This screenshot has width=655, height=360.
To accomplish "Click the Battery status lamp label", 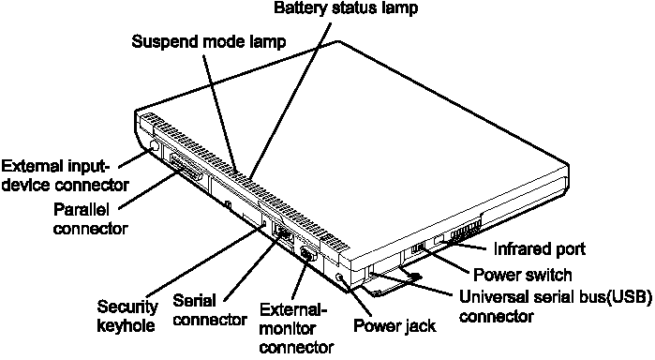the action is pos(346,7).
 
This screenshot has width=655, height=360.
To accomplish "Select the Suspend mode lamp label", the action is pos(209,41).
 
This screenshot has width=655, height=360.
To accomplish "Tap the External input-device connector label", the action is pos(65,175).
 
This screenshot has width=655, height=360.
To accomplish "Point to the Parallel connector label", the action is pos(90,218).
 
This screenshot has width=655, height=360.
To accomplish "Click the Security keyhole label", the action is pos(127,316).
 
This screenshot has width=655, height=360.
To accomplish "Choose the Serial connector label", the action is pos(210,310).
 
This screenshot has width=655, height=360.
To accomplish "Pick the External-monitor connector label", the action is pos(296,329).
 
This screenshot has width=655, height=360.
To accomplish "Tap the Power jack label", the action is pos(394,325).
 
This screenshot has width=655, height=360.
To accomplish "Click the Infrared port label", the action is pos(540,248).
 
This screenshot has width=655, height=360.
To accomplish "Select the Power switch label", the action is pos(522,275).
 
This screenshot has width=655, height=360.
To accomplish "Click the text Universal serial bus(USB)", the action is pos(555,297).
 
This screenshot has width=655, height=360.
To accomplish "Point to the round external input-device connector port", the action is pos(154,147).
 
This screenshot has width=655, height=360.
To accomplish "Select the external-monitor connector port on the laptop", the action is pos(308,255).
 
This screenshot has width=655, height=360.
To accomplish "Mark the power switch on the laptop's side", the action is pos(418,247).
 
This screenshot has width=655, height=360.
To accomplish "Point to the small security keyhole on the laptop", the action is pos(264,223).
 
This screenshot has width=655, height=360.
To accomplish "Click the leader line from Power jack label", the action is pos(356,297).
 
